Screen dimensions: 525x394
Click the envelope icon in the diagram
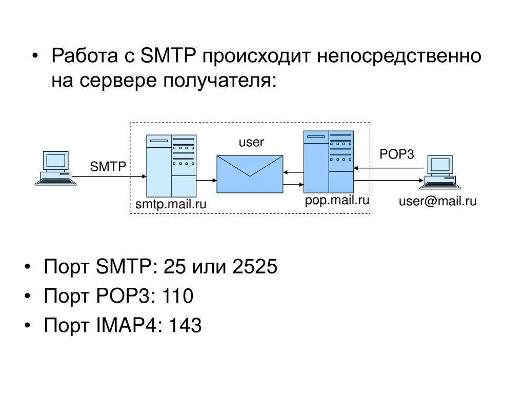(250, 173)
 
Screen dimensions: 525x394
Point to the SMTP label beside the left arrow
(108, 166)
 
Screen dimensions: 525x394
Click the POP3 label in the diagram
(396, 154)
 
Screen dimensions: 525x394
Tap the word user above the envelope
(251, 142)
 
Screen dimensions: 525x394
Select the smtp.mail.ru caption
(171, 204)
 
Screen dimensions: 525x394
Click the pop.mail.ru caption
(337, 200)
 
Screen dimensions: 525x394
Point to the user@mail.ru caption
(438, 201)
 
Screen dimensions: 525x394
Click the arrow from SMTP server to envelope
(207, 181)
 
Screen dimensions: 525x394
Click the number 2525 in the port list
(255, 267)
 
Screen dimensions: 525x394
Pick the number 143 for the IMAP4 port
(185, 325)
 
